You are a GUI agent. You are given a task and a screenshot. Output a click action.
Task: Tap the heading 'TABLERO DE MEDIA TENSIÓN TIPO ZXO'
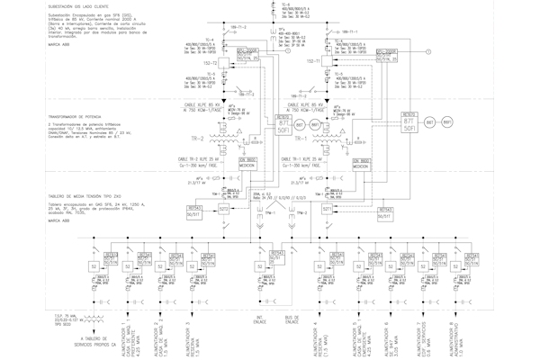pos(49,192)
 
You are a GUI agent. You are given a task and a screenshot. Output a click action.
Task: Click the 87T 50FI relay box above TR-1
pos(284,122)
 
